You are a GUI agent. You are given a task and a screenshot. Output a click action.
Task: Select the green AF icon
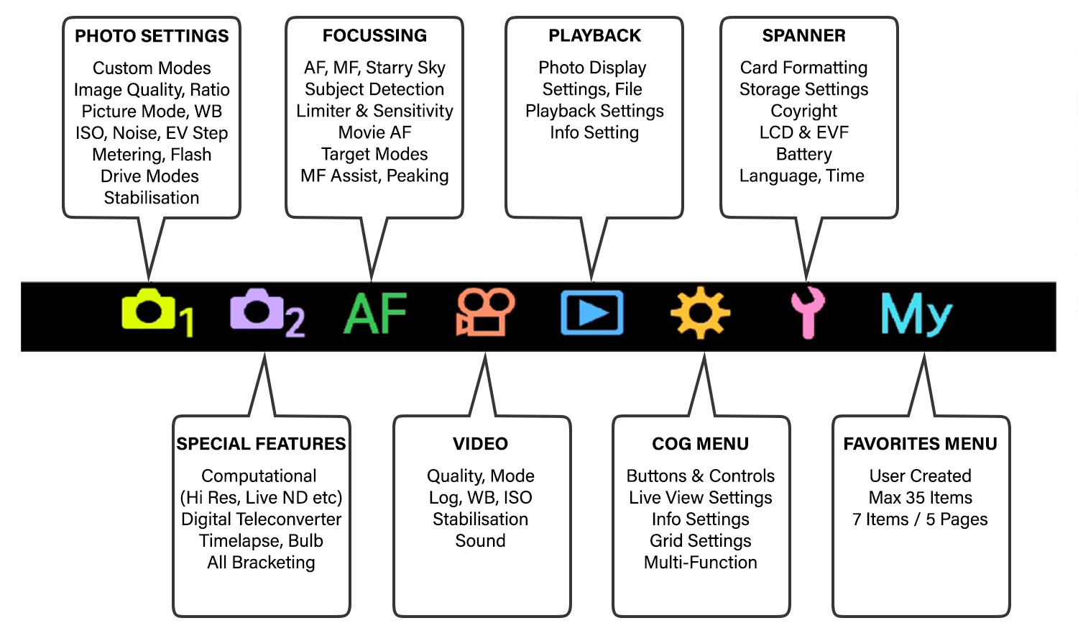[x=375, y=314]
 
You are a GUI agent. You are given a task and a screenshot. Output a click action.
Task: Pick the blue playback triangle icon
[x=591, y=313]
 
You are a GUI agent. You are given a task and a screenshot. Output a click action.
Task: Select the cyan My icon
[x=916, y=314]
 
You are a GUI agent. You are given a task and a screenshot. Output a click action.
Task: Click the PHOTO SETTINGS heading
[x=152, y=36]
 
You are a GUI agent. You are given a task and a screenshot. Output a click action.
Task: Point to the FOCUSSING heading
[x=374, y=36]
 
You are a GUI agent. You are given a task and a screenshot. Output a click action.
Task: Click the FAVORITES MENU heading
[x=920, y=444]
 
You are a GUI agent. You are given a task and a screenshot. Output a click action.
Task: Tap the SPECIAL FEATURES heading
[x=261, y=444]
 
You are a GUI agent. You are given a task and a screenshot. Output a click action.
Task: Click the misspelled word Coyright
[x=803, y=111]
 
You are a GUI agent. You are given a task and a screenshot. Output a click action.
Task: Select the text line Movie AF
[x=374, y=132]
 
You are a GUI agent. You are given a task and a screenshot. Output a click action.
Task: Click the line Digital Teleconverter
[x=261, y=519]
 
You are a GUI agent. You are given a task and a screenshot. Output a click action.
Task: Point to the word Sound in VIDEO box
[x=480, y=541]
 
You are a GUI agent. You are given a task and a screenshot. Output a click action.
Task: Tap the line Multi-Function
[x=700, y=563]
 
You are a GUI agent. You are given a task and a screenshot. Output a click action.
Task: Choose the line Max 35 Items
[x=920, y=498]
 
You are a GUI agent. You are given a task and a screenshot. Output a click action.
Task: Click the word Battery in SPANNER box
[x=803, y=154]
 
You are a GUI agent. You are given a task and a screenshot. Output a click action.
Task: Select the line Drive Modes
[x=149, y=176]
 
